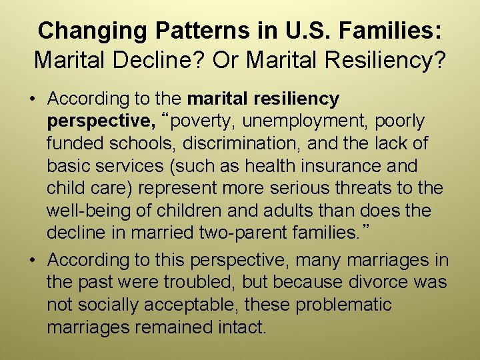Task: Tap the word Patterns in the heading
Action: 191,31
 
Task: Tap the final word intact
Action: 244,327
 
